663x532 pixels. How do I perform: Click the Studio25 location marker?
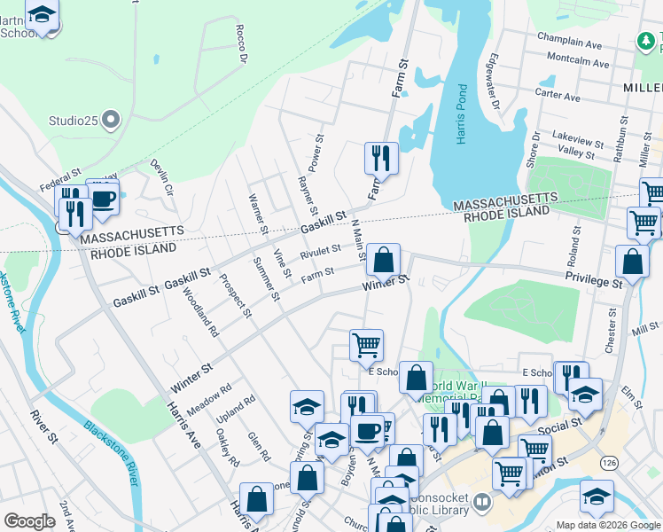click(x=111, y=119)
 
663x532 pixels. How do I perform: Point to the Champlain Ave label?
click(x=569, y=43)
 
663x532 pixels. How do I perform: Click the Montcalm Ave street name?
click(x=578, y=64)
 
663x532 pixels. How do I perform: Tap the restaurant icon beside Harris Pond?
click(x=379, y=159)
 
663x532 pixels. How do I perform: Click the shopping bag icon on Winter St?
click(x=383, y=261)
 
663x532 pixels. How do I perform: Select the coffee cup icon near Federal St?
click(x=103, y=198)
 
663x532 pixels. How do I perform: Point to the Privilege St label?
click(x=595, y=281)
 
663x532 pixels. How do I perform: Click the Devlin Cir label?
click(x=161, y=178)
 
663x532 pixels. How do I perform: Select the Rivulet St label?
click(x=320, y=254)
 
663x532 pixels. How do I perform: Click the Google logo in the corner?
click(x=29, y=521)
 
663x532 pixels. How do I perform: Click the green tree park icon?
click(x=649, y=41)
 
